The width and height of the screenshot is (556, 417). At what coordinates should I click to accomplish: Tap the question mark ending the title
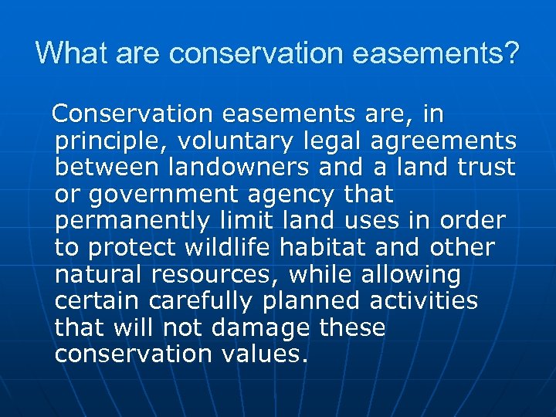[513, 54]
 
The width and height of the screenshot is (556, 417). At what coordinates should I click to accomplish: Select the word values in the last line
[266, 354]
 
